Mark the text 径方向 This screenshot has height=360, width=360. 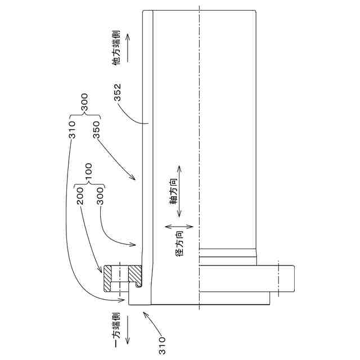[179, 245]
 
